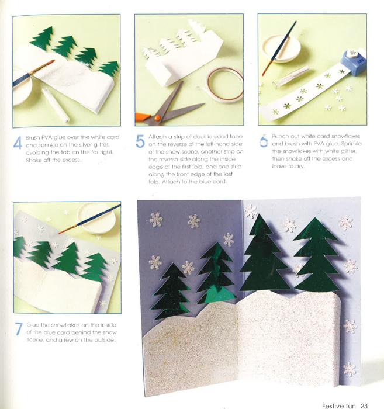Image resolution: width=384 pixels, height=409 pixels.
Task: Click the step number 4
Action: pos(18,143)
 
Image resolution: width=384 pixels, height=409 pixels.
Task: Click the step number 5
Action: pos(140,141)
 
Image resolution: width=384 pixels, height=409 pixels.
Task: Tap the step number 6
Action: pos(264,141)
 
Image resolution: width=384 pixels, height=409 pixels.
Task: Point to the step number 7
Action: pos(19,329)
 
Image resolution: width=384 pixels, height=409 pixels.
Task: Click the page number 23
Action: pos(364,405)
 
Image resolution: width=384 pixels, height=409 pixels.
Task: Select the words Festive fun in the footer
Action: pos(339,406)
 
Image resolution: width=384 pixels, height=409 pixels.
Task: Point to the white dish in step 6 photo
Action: pos(282,49)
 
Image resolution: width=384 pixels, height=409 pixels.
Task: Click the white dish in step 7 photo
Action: pos(96,218)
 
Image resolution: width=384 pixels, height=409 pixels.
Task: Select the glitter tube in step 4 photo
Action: pos(56,105)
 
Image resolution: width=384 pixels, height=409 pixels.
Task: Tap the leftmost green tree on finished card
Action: pos(171,290)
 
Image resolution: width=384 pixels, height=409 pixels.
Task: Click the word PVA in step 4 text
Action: pos(47,137)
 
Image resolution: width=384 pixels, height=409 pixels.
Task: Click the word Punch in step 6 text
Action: pos(279,136)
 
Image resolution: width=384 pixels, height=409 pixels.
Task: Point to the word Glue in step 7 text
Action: pos(33,325)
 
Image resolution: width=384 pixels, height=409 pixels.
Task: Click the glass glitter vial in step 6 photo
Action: pos(290,77)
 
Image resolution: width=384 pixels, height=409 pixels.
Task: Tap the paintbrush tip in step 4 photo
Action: pos(53,61)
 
